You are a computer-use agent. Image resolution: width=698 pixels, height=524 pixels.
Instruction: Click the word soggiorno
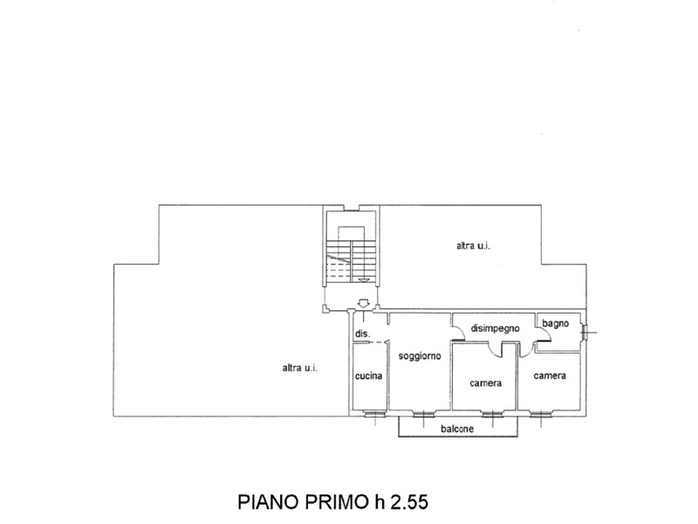(x=420, y=356)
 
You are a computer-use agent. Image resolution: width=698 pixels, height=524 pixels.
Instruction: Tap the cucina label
(x=368, y=376)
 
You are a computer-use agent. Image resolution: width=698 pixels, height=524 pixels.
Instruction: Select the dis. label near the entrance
(x=362, y=334)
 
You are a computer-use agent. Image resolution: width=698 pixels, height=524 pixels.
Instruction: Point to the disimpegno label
(x=495, y=328)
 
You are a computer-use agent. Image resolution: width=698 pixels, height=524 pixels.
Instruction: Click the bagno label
(x=555, y=323)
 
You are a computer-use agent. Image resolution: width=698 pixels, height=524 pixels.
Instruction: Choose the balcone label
(x=457, y=429)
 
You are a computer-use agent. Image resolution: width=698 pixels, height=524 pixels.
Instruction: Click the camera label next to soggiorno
(x=485, y=383)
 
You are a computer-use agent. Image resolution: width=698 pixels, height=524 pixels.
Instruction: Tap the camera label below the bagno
(x=550, y=376)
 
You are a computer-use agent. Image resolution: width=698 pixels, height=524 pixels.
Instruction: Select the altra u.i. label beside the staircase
(x=473, y=245)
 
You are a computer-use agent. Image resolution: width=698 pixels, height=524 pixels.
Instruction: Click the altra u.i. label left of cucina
(x=300, y=368)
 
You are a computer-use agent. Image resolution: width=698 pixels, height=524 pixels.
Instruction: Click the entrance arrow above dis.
(x=364, y=303)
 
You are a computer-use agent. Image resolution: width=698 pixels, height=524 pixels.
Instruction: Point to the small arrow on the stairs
(x=364, y=279)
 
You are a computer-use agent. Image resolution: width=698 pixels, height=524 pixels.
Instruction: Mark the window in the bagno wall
(x=585, y=332)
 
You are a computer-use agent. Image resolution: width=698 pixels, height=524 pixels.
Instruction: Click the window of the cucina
(x=374, y=414)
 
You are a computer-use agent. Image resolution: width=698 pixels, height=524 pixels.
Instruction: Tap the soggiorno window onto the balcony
(x=423, y=414)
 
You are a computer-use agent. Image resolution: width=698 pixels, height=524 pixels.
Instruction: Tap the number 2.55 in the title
(x=409, y=501)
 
